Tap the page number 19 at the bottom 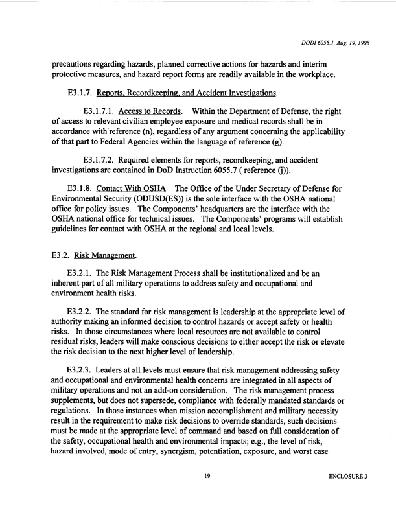(x=207, y=494)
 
